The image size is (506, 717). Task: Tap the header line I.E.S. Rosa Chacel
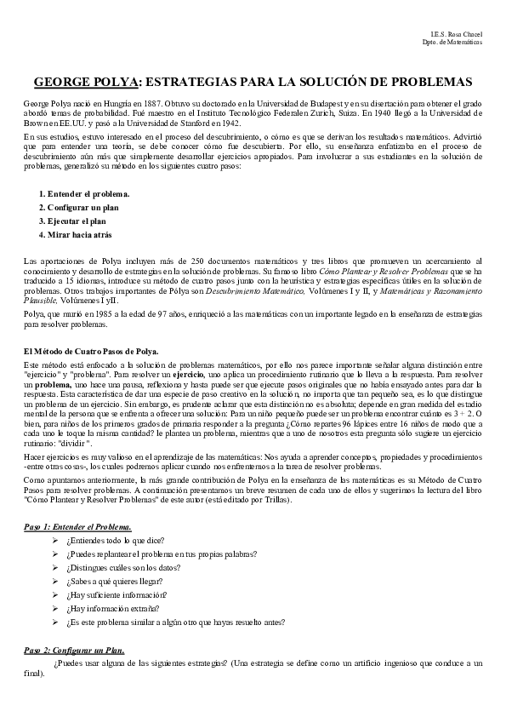point(458,33)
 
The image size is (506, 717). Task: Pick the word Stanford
point(197,123)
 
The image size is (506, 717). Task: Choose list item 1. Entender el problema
point(83,194)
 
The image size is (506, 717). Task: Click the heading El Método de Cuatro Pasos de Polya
point(91,352)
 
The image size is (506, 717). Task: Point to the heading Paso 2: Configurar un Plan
point(74,650)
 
